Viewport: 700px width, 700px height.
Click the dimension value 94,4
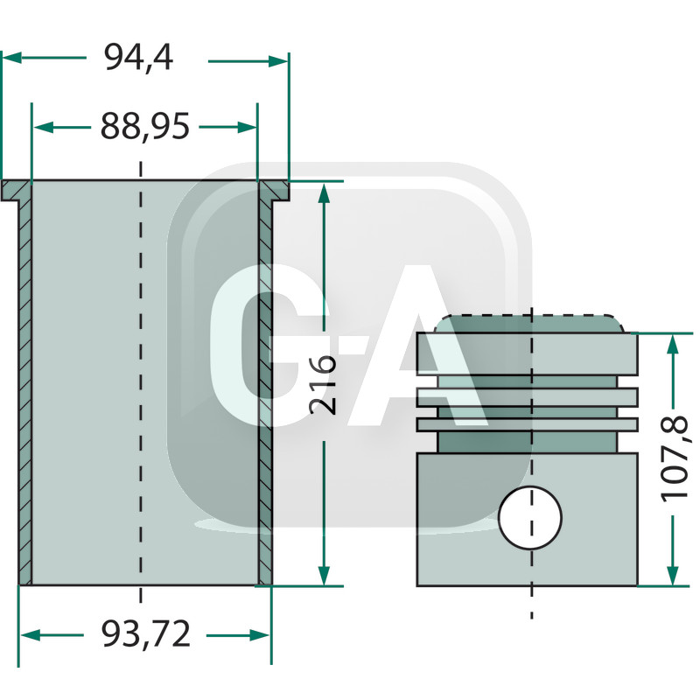(x=138, y=58)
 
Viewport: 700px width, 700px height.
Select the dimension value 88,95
(x=144, y=127)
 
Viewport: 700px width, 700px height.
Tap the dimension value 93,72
(x=145, y=634)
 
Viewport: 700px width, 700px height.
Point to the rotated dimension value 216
(x=324, y=384)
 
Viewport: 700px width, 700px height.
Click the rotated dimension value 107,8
(x=675, y=458)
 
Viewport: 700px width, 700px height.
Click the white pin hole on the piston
(x=530, y=518)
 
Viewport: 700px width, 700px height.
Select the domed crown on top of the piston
(x=530, y=324)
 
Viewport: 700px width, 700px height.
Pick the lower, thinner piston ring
(x=528, y=424)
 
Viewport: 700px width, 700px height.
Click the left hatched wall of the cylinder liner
(x=25, y=385)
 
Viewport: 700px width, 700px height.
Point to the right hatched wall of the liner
(x=264, y=385)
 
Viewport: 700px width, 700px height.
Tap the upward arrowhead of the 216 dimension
(x=324, y=193)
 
